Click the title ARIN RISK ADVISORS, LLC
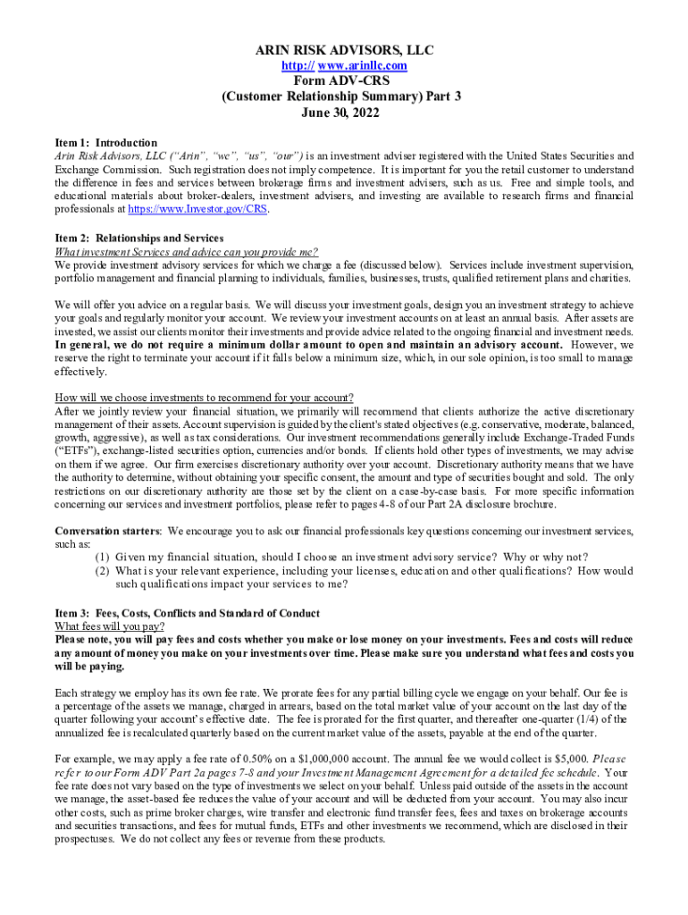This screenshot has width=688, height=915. (344, 50)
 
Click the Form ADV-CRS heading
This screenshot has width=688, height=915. (344, 80)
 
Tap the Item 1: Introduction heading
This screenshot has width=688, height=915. (105, 143)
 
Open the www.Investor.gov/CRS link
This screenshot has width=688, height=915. (197, 210)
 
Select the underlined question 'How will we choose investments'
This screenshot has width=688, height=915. (204, 398)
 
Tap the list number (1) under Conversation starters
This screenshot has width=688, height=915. (104, 558)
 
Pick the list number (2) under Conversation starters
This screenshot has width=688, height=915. (104, 571)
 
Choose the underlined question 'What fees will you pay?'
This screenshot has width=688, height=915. (109, 626)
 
